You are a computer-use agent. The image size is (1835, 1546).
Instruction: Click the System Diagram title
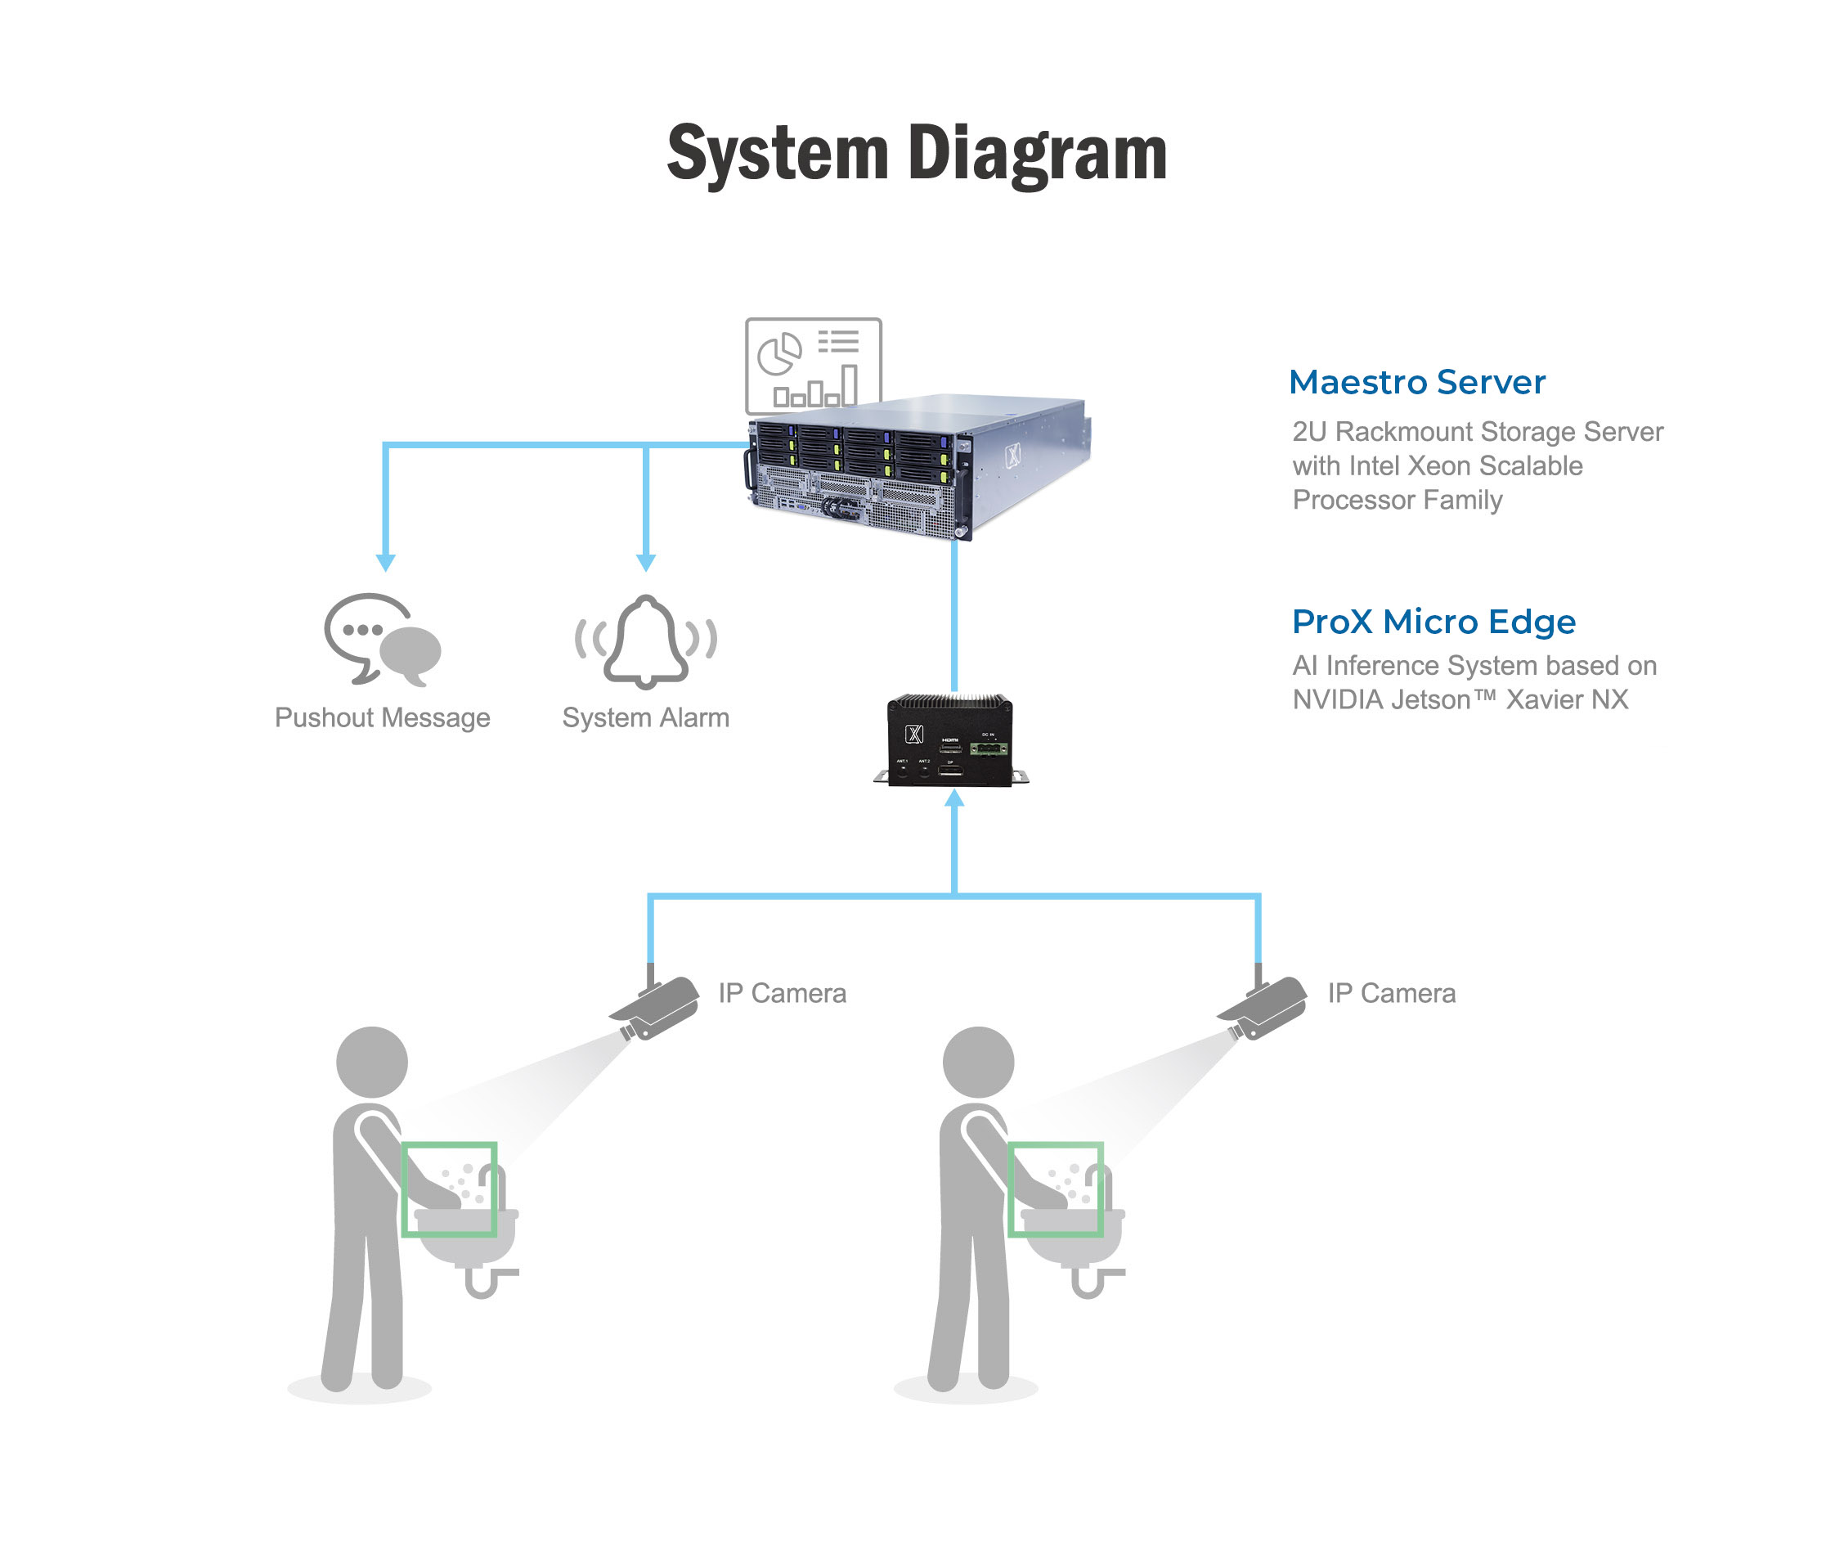coord(916,154)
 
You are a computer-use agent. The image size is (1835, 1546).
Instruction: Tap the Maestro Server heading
coord(1416,382)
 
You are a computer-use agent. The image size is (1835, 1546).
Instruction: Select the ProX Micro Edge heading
coord(1433,622)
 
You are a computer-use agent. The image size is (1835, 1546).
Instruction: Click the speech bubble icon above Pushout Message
coord(382,639)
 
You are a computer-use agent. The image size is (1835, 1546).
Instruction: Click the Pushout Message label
coord(382,718)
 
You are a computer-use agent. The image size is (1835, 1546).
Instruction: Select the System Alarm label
coord(646,718)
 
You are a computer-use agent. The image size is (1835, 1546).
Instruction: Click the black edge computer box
coord(950,740)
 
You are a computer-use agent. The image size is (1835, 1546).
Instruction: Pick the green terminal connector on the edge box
coord(989,748)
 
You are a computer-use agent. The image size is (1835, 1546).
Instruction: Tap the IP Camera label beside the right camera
coord(1391,993)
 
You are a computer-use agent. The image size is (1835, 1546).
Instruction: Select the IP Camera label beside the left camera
coord(782,993)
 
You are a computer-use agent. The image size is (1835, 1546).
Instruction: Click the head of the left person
coord(371,1062)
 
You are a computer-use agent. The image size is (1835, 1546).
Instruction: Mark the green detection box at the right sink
coord(1055,1189)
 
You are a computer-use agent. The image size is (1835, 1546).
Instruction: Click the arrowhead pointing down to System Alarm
coord(646,563)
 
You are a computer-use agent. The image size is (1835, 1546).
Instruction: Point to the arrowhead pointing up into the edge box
coord(954,798)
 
